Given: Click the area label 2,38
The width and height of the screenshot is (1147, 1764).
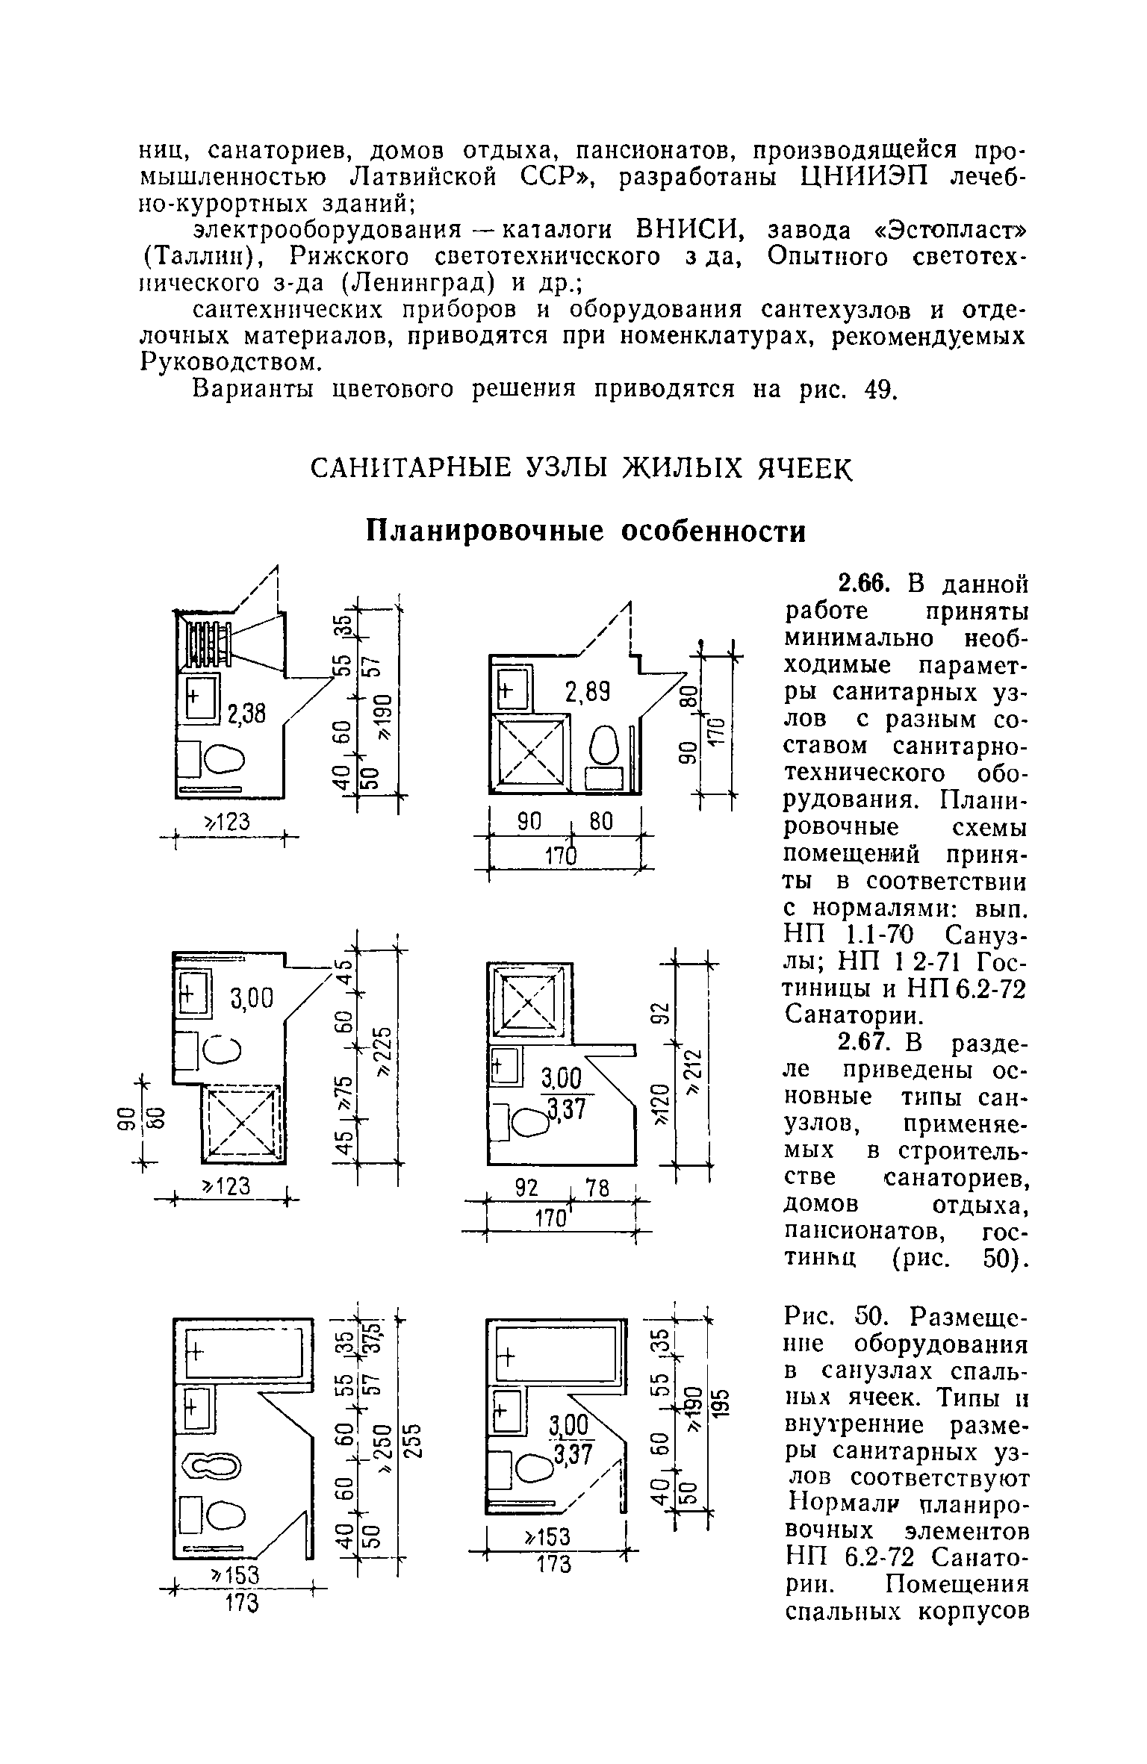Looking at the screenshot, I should point(246,714).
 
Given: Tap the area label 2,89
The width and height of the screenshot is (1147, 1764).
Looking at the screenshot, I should point(588,694).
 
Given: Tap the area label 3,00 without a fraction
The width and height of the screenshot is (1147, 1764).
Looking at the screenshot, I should point(252,997).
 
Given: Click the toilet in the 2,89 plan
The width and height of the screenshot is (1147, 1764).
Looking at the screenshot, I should point(605,744).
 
